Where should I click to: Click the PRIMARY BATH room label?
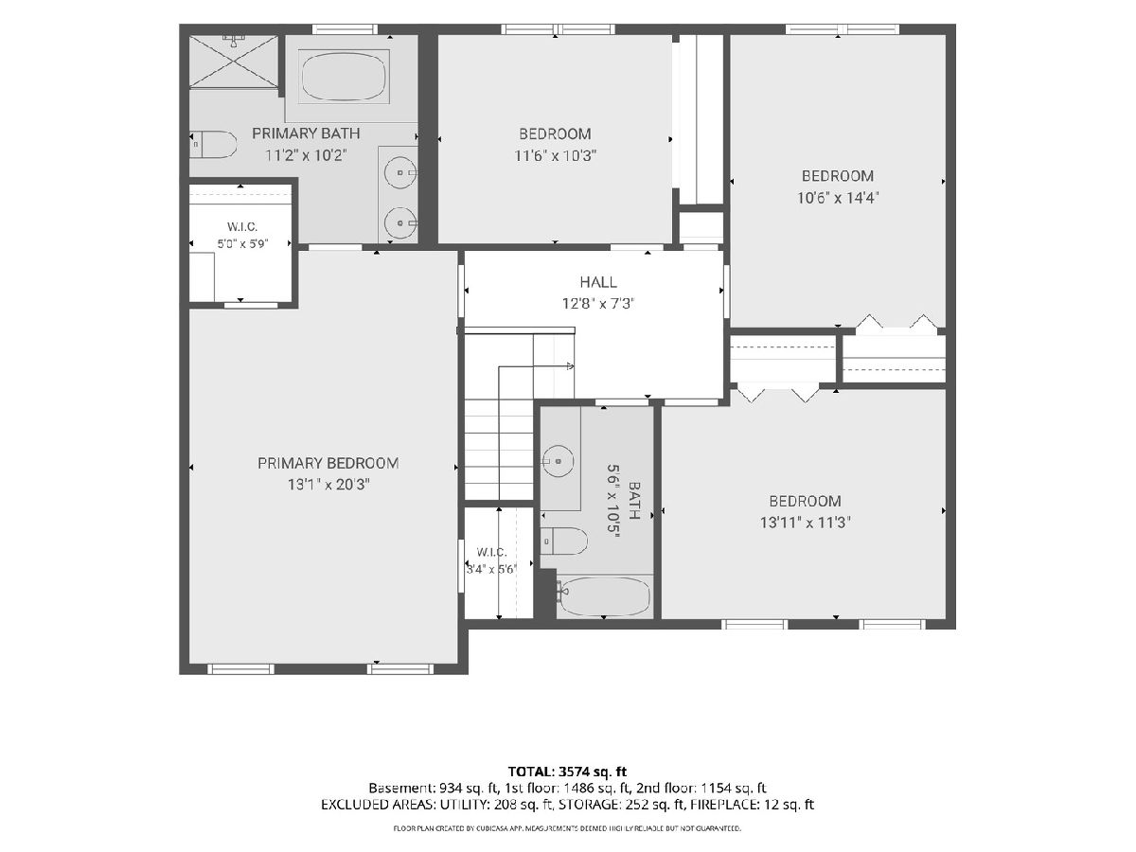[x=306, y=133]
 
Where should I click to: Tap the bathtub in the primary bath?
[x=344, y=77]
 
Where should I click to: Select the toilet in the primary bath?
[x=213, y=144]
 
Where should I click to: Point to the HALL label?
[x=598, y=282]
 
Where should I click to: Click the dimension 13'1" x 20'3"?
[x=329, y=485]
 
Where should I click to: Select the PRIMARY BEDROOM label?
[x=328, y=463]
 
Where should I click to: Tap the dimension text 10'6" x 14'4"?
[x=838, y=198]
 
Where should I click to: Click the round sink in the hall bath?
[x=558, y=460]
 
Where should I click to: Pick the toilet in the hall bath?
[x=564, y=541]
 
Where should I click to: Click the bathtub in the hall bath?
[x=605, y=596]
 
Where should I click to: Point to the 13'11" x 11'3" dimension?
[x=806, y=523]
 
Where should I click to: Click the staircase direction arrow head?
[x=570, y=366]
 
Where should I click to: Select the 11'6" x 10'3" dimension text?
[x=556, y=155]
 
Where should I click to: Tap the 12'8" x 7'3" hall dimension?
[x=598, y=303]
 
